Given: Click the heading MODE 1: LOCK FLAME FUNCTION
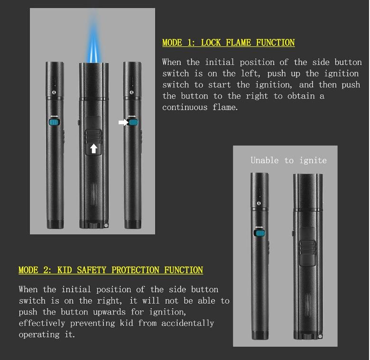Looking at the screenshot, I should coord(228,43).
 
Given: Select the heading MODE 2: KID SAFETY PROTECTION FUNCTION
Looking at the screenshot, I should coord(111,270).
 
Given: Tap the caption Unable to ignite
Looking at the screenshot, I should coord(288,160).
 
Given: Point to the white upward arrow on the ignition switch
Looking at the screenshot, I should coord(93,148).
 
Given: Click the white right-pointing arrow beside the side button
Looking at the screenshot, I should coord(123,122).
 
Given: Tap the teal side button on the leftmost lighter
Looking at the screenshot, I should coord(55,122).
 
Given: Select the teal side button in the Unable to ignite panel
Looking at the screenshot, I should coord(259,232).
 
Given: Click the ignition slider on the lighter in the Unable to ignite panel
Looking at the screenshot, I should coord(308,251).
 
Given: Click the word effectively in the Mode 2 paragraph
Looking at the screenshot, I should coord(42,323).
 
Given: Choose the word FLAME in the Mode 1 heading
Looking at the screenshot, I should coord(240,43).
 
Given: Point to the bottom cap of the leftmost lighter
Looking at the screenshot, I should coord(55,223).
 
